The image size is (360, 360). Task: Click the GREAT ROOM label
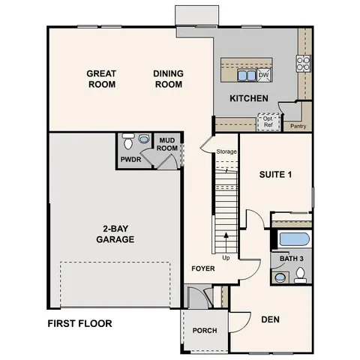tap(101, 79)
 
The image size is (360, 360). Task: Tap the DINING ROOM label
tap(169, 79)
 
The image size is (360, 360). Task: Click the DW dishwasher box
tap(263, 75)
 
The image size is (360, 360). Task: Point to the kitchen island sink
tap(246, 76)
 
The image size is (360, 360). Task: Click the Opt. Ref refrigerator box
tap(267, 121)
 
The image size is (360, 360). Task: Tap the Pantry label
tap(298, 127)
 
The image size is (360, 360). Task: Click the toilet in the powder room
tap(128, 141)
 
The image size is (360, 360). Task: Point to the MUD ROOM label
tap(167, 144)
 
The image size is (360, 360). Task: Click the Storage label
tap(226, 152)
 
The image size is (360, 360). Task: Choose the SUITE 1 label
tap(274, 175)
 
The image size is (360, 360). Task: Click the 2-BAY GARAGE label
tap(115, 235)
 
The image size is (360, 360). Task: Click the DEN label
tap(271, 319)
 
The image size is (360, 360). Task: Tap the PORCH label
tap(205, 331)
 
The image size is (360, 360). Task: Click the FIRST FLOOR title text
tap(79, 324)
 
